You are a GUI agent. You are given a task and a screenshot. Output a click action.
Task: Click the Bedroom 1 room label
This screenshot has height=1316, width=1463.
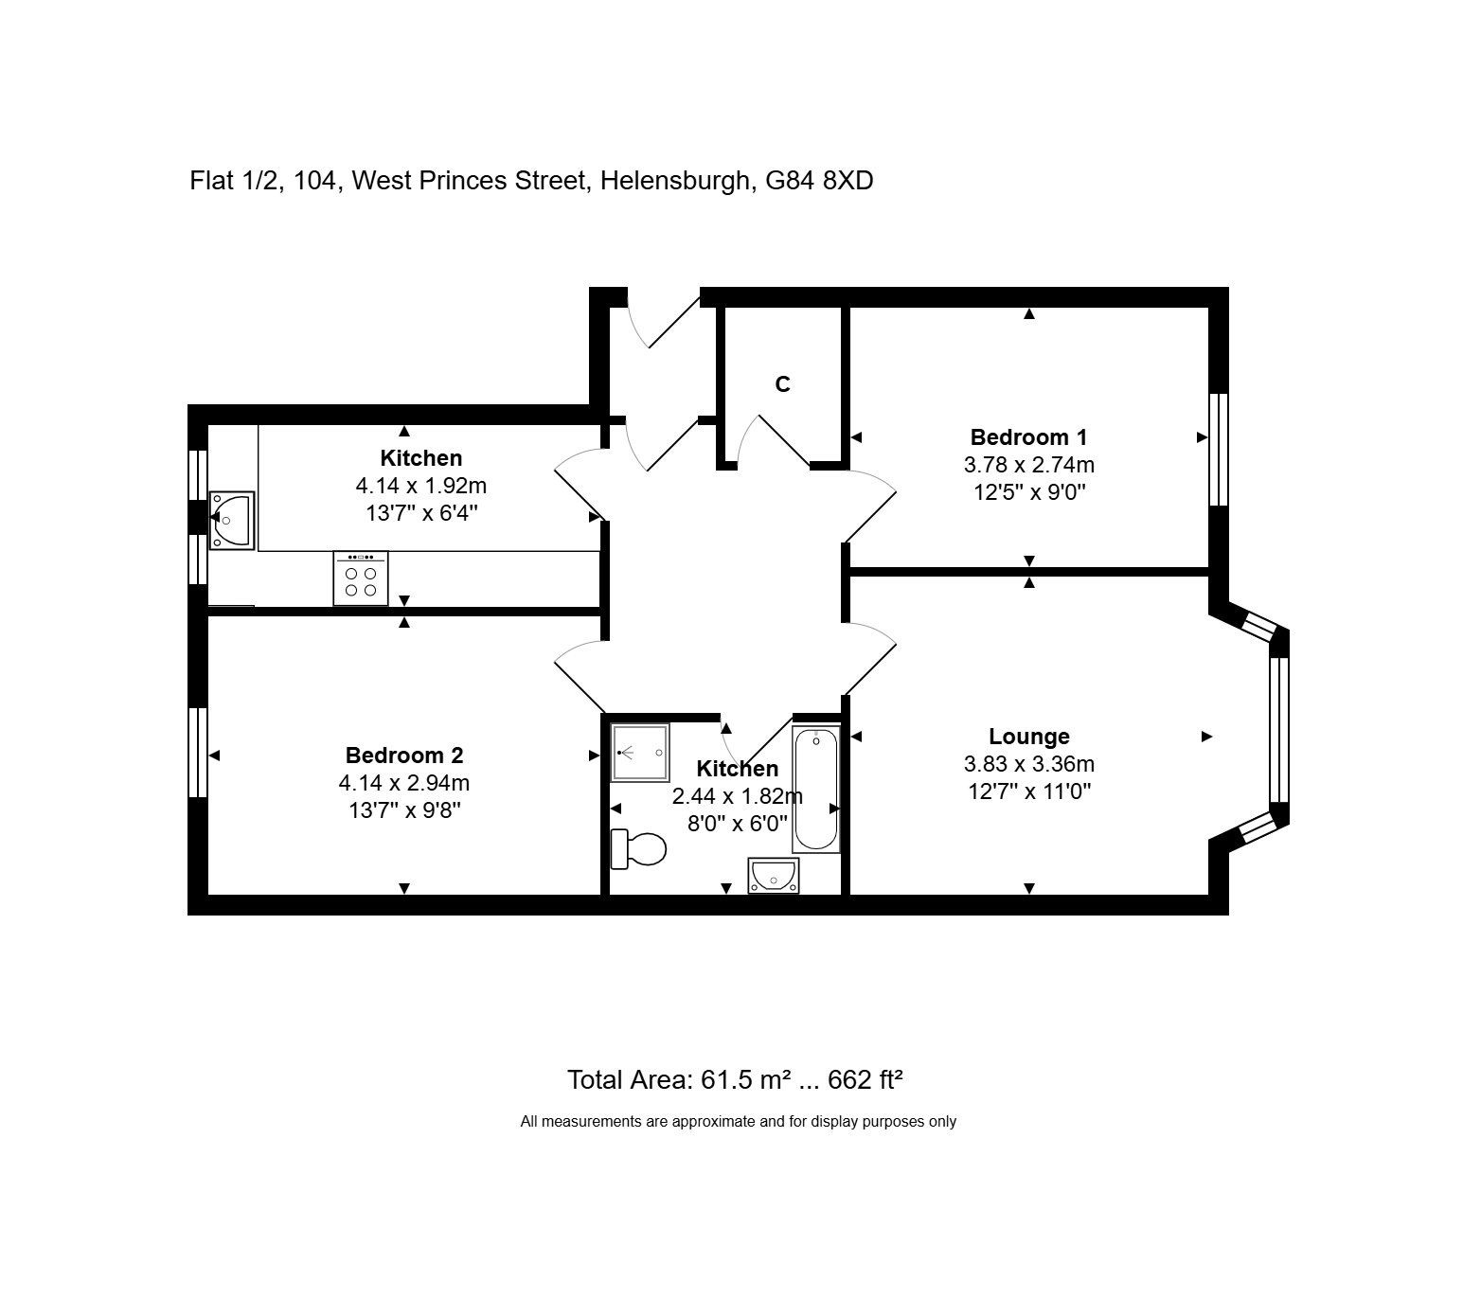1028,437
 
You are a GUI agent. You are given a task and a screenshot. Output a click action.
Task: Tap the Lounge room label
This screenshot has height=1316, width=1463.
1029,737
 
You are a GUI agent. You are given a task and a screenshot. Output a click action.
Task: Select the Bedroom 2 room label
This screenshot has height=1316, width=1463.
404,756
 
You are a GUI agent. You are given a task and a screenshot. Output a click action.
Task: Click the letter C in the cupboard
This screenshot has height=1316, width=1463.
782,384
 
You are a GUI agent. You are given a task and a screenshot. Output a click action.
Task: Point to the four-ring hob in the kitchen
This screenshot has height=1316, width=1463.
361,578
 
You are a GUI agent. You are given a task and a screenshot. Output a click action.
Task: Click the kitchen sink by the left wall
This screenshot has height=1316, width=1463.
232,520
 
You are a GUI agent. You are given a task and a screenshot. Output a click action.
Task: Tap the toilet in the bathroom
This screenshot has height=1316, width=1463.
638,848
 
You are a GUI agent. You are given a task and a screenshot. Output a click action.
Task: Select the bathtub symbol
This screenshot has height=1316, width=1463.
816,790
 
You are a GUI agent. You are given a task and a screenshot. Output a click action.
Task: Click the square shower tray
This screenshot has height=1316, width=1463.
640,752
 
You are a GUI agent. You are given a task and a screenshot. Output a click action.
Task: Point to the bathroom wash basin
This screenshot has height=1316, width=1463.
774,876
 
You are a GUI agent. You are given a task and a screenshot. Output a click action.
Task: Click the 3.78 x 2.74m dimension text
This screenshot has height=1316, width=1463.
1029,465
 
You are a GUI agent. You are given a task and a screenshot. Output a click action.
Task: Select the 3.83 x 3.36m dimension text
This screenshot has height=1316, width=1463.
1029,764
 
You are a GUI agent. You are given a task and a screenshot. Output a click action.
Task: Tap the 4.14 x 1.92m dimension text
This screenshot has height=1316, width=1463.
421,487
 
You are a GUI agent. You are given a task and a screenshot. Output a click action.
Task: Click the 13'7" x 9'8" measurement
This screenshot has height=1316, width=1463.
404,810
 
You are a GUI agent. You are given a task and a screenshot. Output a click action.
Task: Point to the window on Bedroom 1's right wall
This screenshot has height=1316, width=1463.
1219,450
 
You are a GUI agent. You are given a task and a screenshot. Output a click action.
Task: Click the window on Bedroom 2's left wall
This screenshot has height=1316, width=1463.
197,753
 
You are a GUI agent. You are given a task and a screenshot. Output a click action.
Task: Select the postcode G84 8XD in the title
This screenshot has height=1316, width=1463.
819,180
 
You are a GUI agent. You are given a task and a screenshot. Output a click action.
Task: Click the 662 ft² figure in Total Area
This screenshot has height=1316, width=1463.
865,1079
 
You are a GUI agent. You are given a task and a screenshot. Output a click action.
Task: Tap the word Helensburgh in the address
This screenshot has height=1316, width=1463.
675,180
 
